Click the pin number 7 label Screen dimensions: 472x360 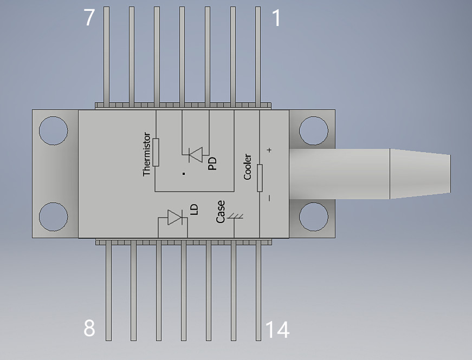89,17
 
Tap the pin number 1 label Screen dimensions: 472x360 276,18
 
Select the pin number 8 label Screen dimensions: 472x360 89,328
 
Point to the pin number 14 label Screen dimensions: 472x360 277,330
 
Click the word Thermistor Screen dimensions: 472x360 147,154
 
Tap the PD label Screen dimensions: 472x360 212,163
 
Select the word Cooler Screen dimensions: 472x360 248,167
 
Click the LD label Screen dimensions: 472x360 195,210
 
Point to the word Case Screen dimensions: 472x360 221,212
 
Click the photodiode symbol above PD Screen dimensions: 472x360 196,155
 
